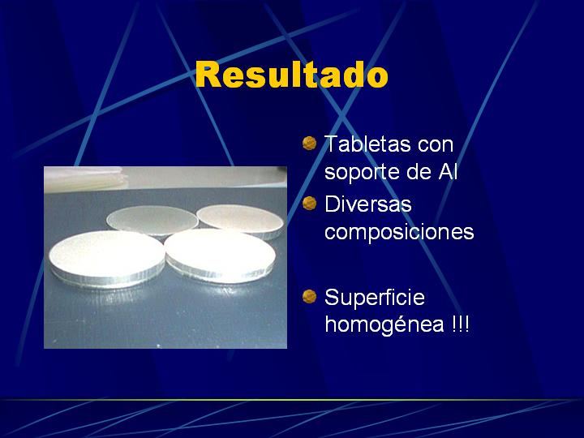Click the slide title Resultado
292,75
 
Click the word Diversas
368,204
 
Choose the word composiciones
399,232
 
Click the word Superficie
375,297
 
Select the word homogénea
384,324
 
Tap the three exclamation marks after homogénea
460,324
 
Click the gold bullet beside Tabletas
310,143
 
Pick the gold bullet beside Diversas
310,204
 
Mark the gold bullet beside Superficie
310,297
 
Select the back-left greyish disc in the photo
152,221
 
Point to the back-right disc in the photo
240,220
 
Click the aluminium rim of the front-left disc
108,280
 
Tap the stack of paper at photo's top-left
86,178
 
